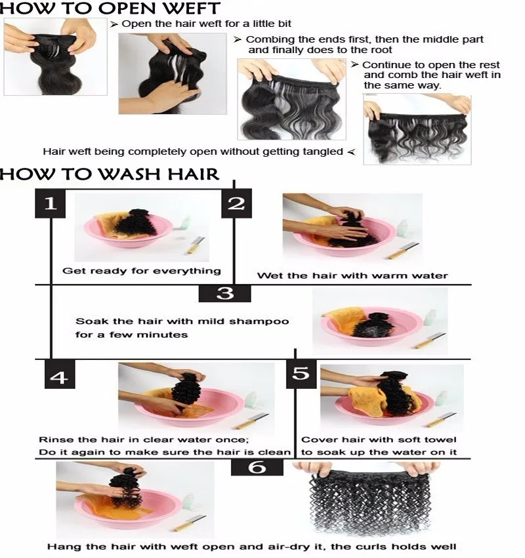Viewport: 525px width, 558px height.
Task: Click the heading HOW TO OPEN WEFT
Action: (x=110, y=9)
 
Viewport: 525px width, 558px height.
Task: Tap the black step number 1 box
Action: (x=51, y=203)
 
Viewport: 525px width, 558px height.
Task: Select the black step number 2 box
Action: (x=236, y=203)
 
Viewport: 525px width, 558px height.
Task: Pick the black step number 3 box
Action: (x=224, y=292)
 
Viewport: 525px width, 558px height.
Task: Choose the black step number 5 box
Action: (x=301, y=374)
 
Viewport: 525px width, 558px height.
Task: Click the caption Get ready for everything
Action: (x=141, y=270)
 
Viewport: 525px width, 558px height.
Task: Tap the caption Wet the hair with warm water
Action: (x=352, y=275)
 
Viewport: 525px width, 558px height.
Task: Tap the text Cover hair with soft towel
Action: (x=379, y=439)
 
